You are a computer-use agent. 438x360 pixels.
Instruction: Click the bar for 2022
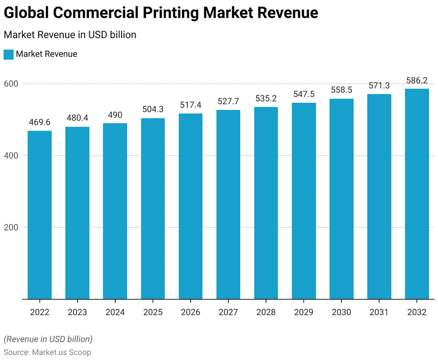point(40,215)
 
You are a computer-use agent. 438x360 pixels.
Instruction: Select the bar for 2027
point(228,205)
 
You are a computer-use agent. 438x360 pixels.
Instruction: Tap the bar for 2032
point(417,194)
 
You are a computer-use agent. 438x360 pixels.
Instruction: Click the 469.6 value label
point(40,122)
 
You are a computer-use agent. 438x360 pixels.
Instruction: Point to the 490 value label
point(115,115)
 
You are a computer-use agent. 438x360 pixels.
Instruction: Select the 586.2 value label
point(417,80)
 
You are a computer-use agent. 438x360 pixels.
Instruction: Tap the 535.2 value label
point(266,99)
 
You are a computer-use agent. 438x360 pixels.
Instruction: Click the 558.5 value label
point(342,90)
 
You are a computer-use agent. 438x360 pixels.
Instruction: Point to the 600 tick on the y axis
point(11,83)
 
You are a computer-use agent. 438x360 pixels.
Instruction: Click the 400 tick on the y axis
point(11,155)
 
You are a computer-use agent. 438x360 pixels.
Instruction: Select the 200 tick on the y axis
point(11,227)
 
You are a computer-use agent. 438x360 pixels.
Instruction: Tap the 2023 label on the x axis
point(77,312)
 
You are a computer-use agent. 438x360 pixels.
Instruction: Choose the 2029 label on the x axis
point(303,312)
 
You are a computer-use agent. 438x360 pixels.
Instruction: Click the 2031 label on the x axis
point(379,312)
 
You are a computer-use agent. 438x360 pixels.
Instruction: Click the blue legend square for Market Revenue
point(8,54)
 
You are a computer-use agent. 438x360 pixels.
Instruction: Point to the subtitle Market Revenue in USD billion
point(70,35)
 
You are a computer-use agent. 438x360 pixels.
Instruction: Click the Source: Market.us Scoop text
point(47,352)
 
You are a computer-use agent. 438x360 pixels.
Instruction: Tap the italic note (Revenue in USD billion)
point(48,339)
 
